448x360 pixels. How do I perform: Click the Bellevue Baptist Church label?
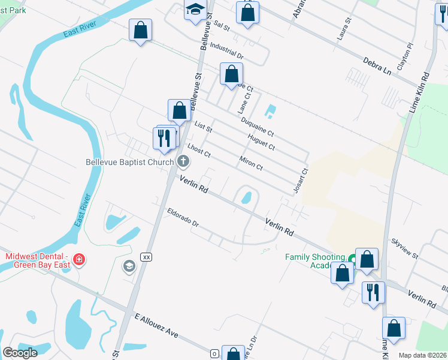coord(129,161)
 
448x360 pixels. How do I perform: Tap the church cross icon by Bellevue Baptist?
coord(183,161)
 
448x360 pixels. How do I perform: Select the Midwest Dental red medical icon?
coord(78,260)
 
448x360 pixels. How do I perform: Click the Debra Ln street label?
coord(377,65)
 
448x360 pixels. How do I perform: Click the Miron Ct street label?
coord(251,162)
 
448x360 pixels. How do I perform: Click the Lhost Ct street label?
coord(199,150)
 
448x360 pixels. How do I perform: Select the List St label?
coord(204,127)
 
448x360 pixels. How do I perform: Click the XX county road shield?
coord(146,256)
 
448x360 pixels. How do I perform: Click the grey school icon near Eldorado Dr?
coord(129,266)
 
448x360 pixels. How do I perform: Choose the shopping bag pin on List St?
coord(179,110)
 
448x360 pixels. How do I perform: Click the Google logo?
coord(20,352)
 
